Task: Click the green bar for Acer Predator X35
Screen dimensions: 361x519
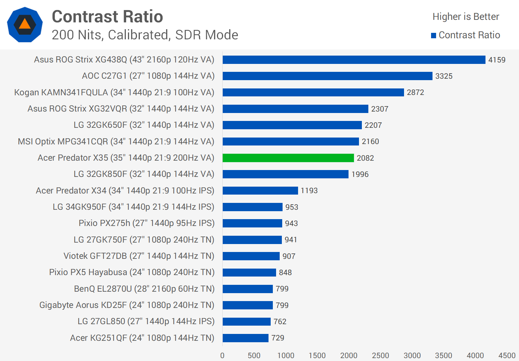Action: tap(288, 158)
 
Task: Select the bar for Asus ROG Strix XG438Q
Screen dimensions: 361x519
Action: tap(354, 60)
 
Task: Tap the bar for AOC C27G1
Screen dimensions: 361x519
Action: tap(327, 76)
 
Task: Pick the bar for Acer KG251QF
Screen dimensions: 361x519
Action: tap(245, 338)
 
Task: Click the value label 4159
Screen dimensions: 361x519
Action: tap(497, 60)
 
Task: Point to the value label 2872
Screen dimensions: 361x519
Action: tap(415, 92)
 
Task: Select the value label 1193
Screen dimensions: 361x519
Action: tap(309, 191)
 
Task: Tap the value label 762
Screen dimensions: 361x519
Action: tap(280, 322)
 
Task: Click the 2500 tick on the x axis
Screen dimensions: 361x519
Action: tap(380, 356)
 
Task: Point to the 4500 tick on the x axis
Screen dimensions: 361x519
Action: tap(507, 356)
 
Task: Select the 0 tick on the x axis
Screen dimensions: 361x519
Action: tap(222, 356)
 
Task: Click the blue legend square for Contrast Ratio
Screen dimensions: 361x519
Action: tap(434, 35)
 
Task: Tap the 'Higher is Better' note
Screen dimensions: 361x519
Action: tap(466, 17)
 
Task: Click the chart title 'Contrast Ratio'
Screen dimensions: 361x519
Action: tap(107, 17)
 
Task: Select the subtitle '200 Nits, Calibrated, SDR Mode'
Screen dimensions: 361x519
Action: tap(145, 35)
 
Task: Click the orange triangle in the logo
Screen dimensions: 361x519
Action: tap(25, 24)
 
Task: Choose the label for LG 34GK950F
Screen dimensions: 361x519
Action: tap(133, 207)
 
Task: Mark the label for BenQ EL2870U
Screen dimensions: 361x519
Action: tap(144, 289)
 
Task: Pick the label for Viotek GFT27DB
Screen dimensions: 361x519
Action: tap(139, 256)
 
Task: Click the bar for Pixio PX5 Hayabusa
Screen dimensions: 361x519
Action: tap(249, 273)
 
